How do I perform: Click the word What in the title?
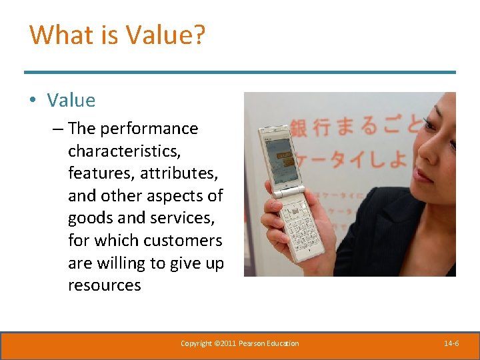58,35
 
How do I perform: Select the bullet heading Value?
71,101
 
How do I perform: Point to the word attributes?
179,173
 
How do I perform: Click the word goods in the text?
89,218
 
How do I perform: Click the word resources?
104,285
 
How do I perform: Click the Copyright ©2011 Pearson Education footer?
240,343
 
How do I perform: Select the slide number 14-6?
451,343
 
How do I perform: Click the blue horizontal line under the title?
240,72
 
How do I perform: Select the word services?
180,218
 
